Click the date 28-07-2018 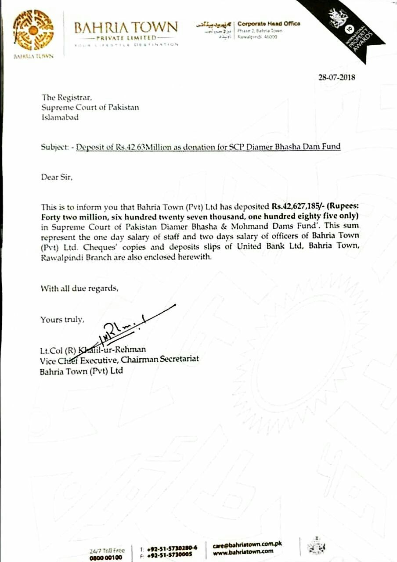click(337, 78)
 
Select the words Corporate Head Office click(269, 24)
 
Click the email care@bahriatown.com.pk click(247, 545)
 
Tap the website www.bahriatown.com click(243, 551)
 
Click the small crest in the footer click(314, 547)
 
